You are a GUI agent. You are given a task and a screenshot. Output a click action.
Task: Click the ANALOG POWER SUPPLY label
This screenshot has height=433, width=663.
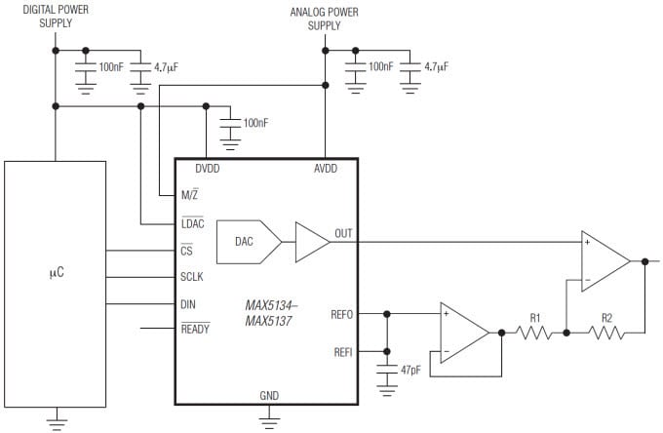click(x=324, y=20)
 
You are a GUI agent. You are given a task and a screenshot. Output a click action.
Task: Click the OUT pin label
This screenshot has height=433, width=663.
click(x=343, y=234)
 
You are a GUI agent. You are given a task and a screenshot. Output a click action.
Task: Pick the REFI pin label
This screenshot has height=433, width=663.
click(x=342, y=351)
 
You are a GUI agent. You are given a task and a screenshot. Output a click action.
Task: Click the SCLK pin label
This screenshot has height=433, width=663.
click(x=193, y=277)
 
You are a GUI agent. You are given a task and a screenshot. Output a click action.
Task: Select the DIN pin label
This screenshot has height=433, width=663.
click(x=188, y=304)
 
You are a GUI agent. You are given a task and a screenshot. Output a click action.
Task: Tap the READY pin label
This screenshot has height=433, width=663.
click(x=195, y=330)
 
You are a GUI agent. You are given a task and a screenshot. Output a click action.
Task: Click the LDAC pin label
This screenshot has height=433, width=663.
click(x=193, y=224)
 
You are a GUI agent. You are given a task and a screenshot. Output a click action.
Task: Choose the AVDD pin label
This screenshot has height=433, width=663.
click(x=324, y=168)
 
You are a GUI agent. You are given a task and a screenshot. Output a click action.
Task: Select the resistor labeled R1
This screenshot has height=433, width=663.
click(x=534, y=334)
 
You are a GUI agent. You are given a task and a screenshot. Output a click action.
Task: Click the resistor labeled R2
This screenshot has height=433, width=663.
click(x=605, y=334)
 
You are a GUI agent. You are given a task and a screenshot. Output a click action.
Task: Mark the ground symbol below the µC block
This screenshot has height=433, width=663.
click(x=55, y=421)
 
